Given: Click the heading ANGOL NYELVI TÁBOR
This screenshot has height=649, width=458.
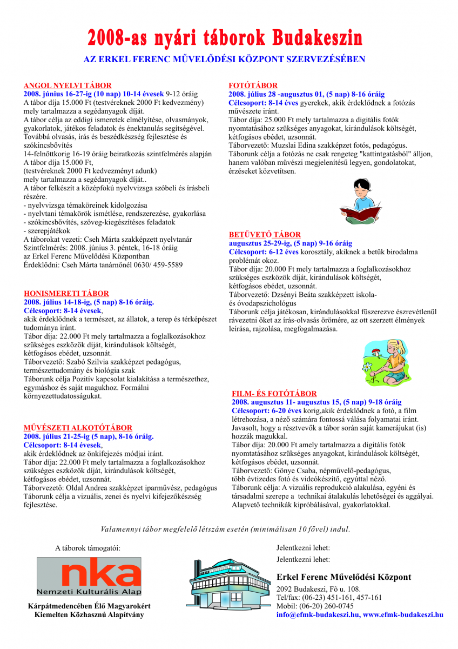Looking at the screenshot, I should pyautogui.click(x=68, y=85).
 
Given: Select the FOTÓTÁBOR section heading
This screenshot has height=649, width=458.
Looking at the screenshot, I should pyautogui.click(x=253, y=85).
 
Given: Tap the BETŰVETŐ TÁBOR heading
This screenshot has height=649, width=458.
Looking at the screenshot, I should pyautogui.click(x=265, y=235).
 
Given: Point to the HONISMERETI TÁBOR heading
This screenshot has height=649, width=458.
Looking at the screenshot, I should pyautogui.click(x=66, y=294).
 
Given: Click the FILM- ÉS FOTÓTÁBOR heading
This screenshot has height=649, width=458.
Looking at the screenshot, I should pyautogui.click(x=274, y=394).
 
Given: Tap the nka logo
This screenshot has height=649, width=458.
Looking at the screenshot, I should pyautogui.click(x=89, y=577).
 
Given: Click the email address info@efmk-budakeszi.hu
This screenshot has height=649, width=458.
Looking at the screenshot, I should pyautogui.click(x=318, y=614).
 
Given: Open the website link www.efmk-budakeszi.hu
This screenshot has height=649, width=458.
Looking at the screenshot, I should pyautogui.click(x=403, y=614).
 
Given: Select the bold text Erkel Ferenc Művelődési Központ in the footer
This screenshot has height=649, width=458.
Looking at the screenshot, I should pyautogui.click(x=343, y=577).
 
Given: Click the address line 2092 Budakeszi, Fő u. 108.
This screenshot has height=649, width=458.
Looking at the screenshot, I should pyautogui.click(x=318, y=589).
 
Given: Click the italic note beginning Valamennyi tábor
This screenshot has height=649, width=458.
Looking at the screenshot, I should pyautogui.click(x=226, y=528).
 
